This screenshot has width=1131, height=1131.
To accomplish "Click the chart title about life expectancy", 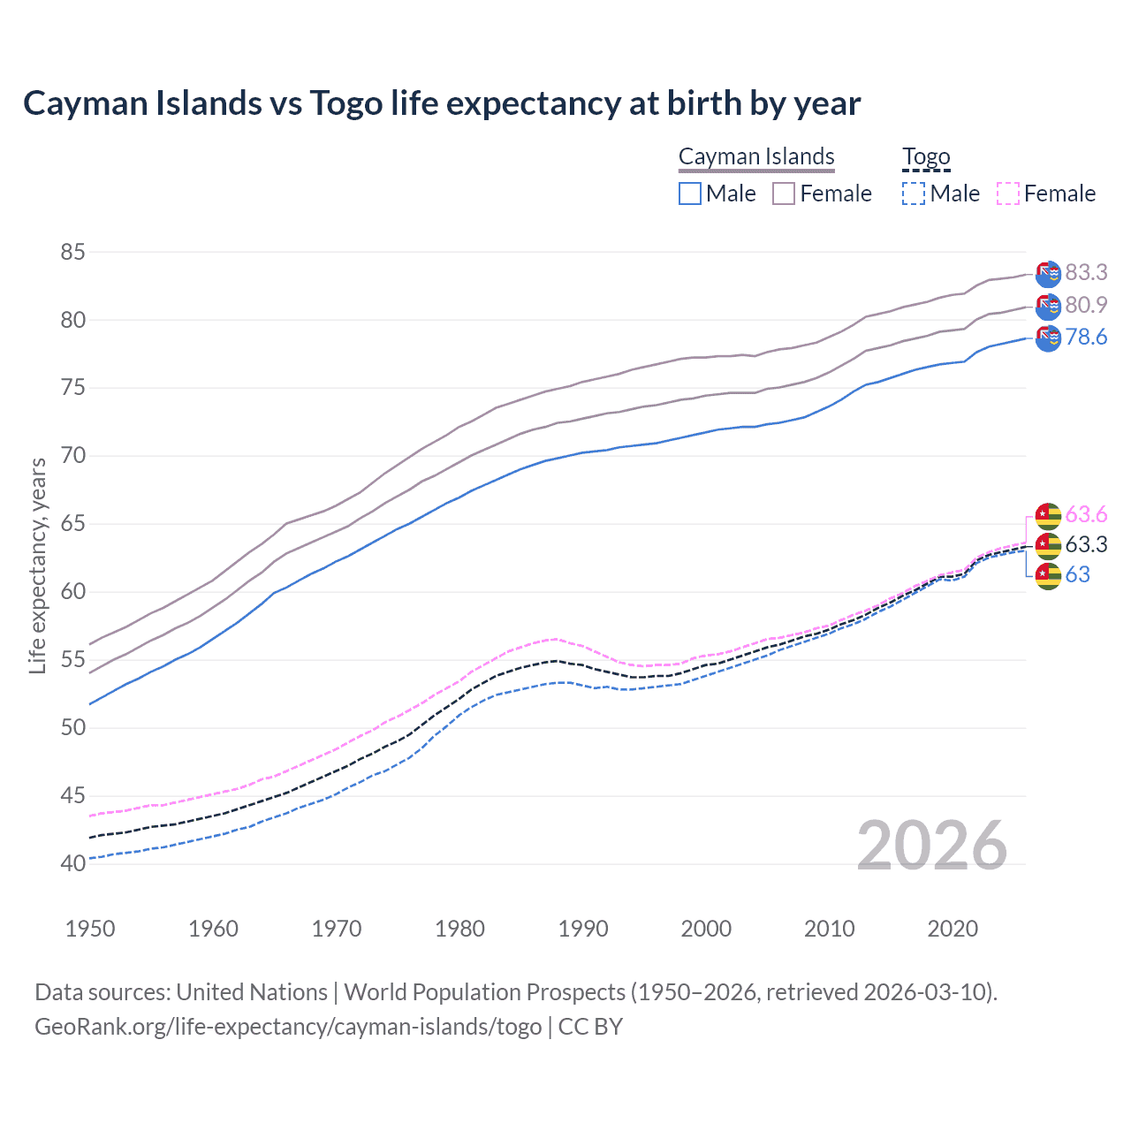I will pyautogui.click(x=442, y=103).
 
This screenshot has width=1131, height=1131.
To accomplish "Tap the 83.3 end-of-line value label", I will pyautogui.click(x=1086, y=272).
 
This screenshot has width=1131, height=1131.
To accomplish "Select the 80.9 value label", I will pyautogui.click(x=1086, y=305).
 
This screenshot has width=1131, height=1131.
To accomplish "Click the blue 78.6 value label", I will pyautogui.click(x=1086, y=338).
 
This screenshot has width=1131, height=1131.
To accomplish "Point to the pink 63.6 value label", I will pyautogui.click(x=1086, y=514).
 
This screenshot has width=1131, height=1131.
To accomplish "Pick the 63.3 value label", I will pyautogui.click(x=1086, y=544).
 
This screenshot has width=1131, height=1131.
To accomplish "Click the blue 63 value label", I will pyautogui.click(x=1077, y=574).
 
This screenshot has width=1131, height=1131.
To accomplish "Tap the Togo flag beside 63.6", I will pyautogui.click(x=1048, y=515).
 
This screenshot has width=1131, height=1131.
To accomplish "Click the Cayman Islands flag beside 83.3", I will pyautogui.click(x=1048, y=274).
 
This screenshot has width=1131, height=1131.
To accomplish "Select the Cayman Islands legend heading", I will pyautogui.click(x=756, y=157).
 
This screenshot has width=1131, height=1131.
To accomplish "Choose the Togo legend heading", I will pyautogui.click(x=926, y=157).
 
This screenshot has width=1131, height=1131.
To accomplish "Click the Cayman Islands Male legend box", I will pyautogui.click(x=690, y=194).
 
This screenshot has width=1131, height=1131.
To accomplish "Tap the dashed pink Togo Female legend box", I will pyautogui.click(x=1008, y=194).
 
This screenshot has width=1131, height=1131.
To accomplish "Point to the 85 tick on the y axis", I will pyautogui.click(x=72, y=252).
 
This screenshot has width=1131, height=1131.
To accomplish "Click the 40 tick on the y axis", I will pyautogui.click(x=72, y=863).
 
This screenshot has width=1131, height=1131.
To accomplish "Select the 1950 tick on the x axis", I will pyautogui.click(x=90, y=929).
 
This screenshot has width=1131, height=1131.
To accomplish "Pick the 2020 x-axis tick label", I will pyautogui.click(x=953, y=929).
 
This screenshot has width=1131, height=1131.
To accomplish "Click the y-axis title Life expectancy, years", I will pyautogui.click(x=37, y=565).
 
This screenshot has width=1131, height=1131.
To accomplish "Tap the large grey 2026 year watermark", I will pyautogui.click(x=932, y=846).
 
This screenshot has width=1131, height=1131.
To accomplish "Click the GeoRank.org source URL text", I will pyautogui.click(x=288, y=1027).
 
